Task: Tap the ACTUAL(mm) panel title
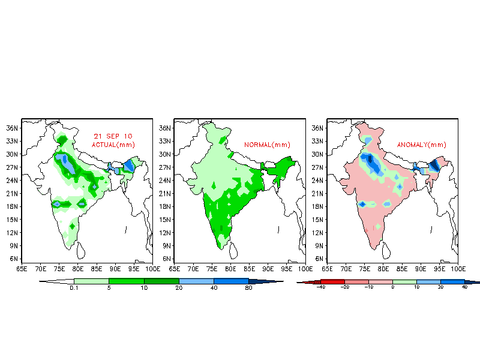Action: [113, 145]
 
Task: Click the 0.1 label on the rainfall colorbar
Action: [74, 288]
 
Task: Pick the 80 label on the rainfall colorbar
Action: [248, 288]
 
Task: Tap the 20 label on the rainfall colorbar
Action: [179, 288]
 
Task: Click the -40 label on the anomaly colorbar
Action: [320, 288]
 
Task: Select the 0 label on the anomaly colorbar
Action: [392, 288]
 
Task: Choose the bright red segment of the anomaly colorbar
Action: [332, 281]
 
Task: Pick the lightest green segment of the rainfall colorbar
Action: [91, 281]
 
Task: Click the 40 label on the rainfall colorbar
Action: [214, 288]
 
